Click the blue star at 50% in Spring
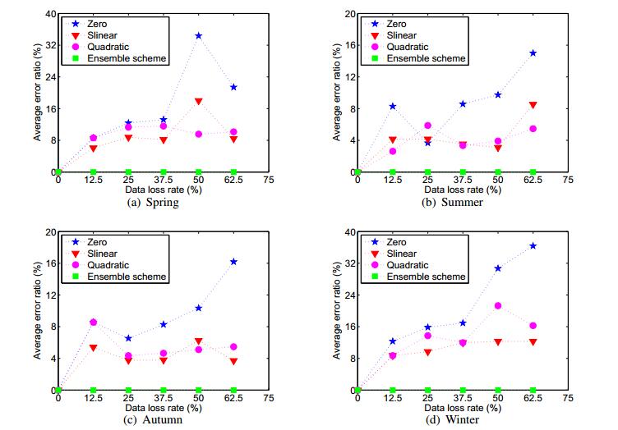199,36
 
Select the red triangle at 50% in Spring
199,101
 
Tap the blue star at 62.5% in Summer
533,53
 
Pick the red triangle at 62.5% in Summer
533,105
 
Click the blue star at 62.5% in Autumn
234,262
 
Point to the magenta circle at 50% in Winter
498,306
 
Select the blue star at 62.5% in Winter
533,246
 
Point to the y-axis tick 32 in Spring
48,46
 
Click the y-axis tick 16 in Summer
347,46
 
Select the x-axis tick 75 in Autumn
270,398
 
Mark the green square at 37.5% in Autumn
164,390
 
